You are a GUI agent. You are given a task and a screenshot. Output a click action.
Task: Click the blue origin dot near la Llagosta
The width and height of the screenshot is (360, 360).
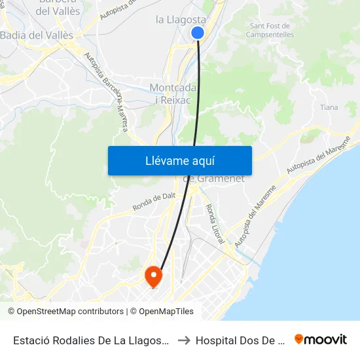(198, 33)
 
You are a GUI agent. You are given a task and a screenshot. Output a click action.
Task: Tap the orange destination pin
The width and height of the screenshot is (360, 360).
(153, 276)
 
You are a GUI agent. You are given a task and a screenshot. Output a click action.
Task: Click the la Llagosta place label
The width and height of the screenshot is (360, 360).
(181, 19)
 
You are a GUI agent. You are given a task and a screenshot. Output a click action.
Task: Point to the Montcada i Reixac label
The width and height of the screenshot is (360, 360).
(171, 93)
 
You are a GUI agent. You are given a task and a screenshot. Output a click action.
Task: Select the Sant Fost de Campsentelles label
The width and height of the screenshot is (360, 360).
(270, 29)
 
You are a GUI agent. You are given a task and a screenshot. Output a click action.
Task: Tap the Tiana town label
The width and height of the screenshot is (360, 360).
(329, 107)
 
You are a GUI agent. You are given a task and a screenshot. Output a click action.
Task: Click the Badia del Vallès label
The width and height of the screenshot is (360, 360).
(37, 35)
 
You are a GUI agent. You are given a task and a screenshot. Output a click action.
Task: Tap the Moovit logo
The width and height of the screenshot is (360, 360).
(320, 339)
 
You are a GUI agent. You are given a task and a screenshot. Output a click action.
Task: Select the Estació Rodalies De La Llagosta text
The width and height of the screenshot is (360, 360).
(92, 340)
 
